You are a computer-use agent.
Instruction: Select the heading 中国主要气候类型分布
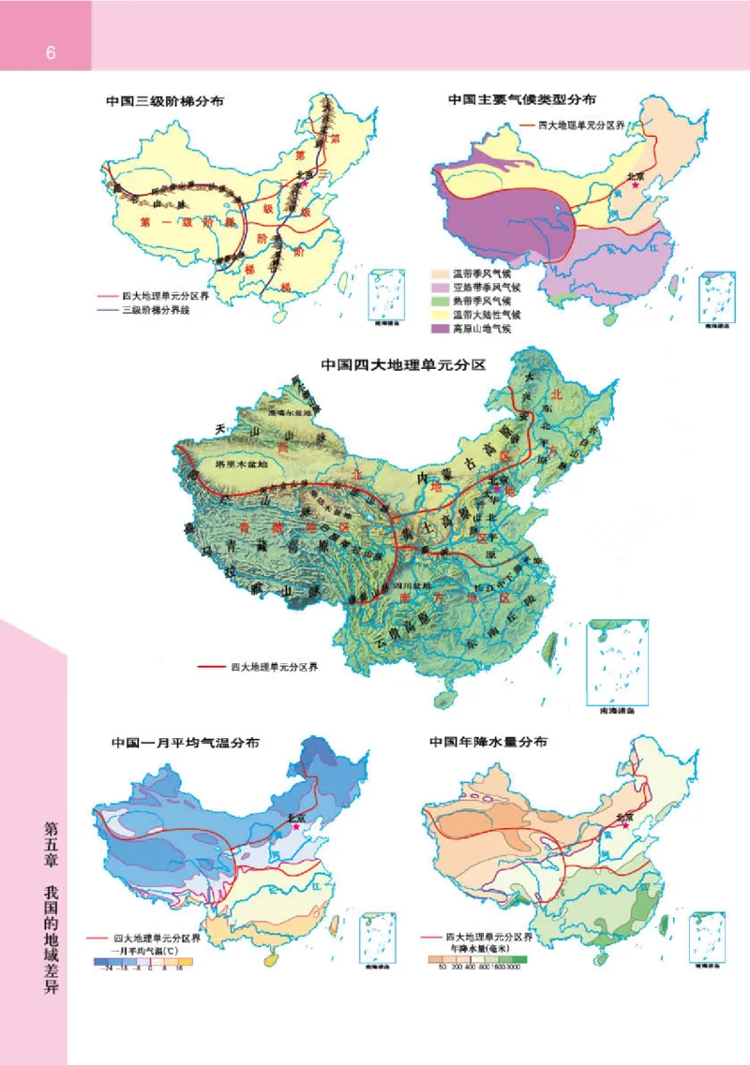tap(522, 99)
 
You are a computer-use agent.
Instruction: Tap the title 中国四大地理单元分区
tap(403, 364)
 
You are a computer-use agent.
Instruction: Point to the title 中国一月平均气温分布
tap(186, 742)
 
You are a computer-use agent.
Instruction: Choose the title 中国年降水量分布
tap(488, 742)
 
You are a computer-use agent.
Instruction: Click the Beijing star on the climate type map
tap(637, 186)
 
